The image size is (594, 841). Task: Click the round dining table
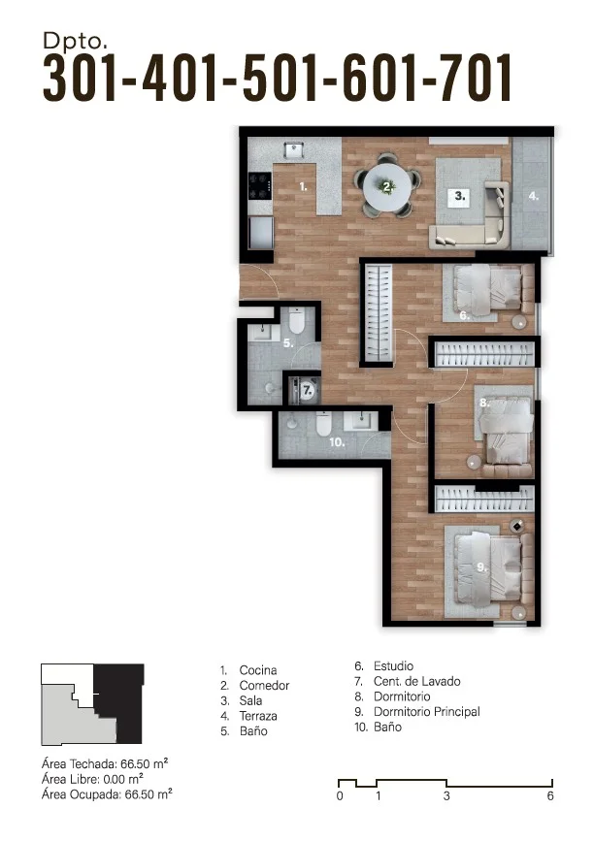pyautogui.click(x=387, y=187)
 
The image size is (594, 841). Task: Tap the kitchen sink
pyautogui.click(x=293, y=149)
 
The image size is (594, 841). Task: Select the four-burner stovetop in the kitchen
pyautogui.click(x=259, y=185)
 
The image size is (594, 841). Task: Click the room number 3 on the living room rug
pyautogui.click(x=460, y=196)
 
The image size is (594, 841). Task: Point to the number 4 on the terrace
pyautogui.click(x=533, y=196)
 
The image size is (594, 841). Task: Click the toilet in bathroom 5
pyautogui.click(x=296, y=320)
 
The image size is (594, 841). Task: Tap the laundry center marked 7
pyautogui.click(x=304, y=390)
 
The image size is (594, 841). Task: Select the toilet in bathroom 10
pyautogui.click(x=323, y=424)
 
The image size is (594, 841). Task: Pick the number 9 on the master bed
pyautogui.click(x=481, y=566)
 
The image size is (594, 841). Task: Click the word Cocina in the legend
pyautogui.click(x=258, y=670)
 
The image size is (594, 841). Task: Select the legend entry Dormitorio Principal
pyautogui.click(x=427, y=712)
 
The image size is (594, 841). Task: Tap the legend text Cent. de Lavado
pyautogui.click(x=417, y=681)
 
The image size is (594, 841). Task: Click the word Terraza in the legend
pyautogui.click(x=258, y=716)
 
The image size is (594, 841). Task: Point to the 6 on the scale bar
pyautogui.click(x=550, y=796)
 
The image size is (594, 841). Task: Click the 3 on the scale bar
pyautogui.click(x=446, y=796)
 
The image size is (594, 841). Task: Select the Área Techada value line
pyautogui.click(x=105, y=763)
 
